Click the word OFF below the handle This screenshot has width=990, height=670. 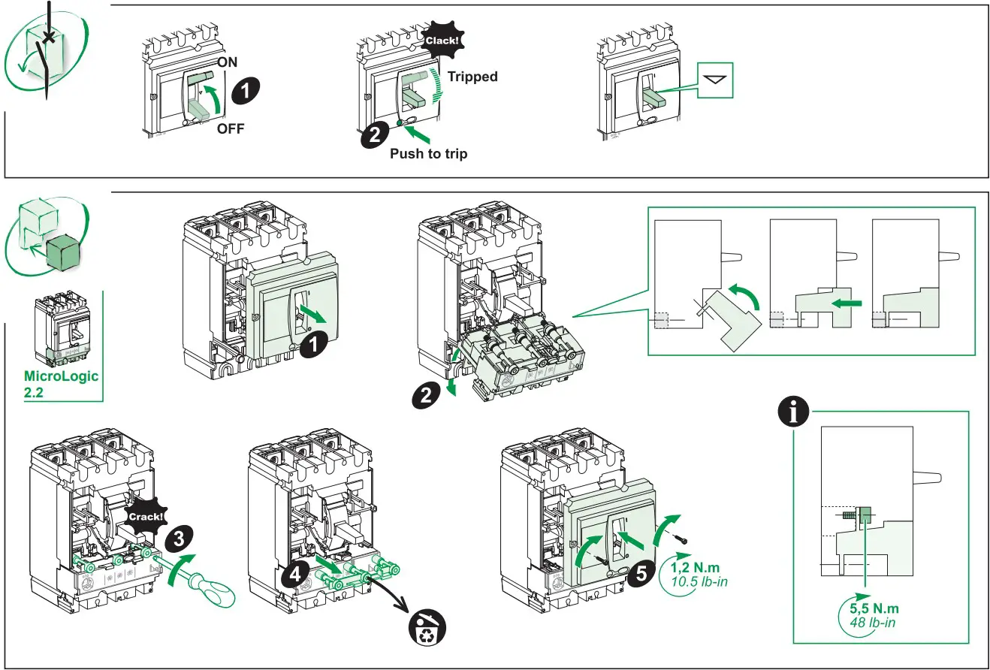point(231,128)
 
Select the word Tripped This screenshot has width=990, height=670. point(472,77)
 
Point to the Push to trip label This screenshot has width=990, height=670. point(428,154)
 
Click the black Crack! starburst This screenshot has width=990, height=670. point(146,518)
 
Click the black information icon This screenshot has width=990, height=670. point(795,412)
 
